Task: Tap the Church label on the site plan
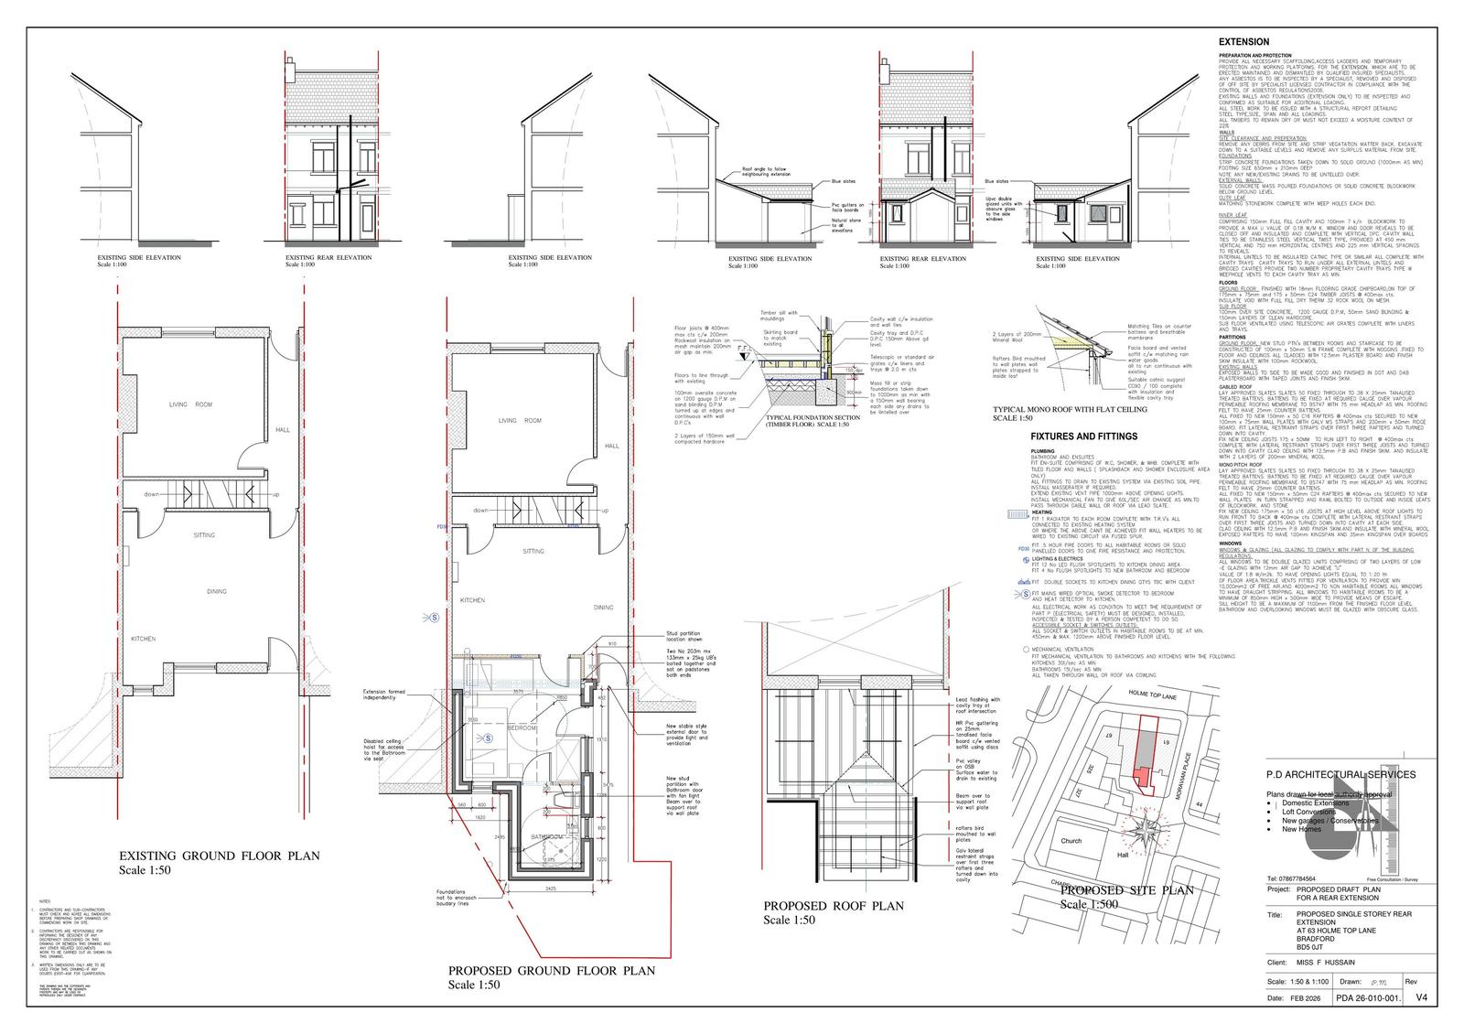tap(1071, 840)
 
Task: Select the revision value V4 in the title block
tap(1421, 997)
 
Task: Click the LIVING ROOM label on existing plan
tap(190, 404)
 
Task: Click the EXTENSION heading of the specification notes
tap(1243, 42)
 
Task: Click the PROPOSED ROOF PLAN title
tap(833, 906)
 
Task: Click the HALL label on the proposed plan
tap(612, 446)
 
